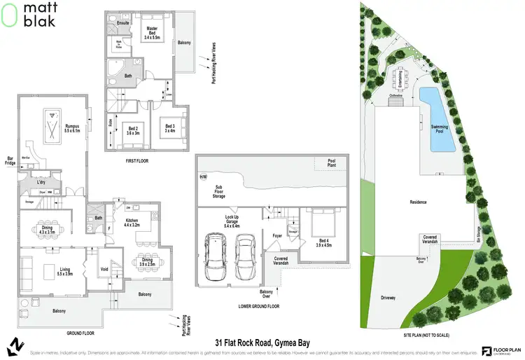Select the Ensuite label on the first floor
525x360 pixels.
(x=123, y=22)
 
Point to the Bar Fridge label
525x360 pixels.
(x=10, y=160)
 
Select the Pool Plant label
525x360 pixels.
(x=332, y=163)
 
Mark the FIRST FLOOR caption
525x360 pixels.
(x=138, y=161)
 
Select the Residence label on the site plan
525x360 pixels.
(x=419, y=202)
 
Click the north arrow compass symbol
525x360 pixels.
(x=14, y=346)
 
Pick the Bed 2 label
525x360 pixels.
(x=133, y=130)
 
